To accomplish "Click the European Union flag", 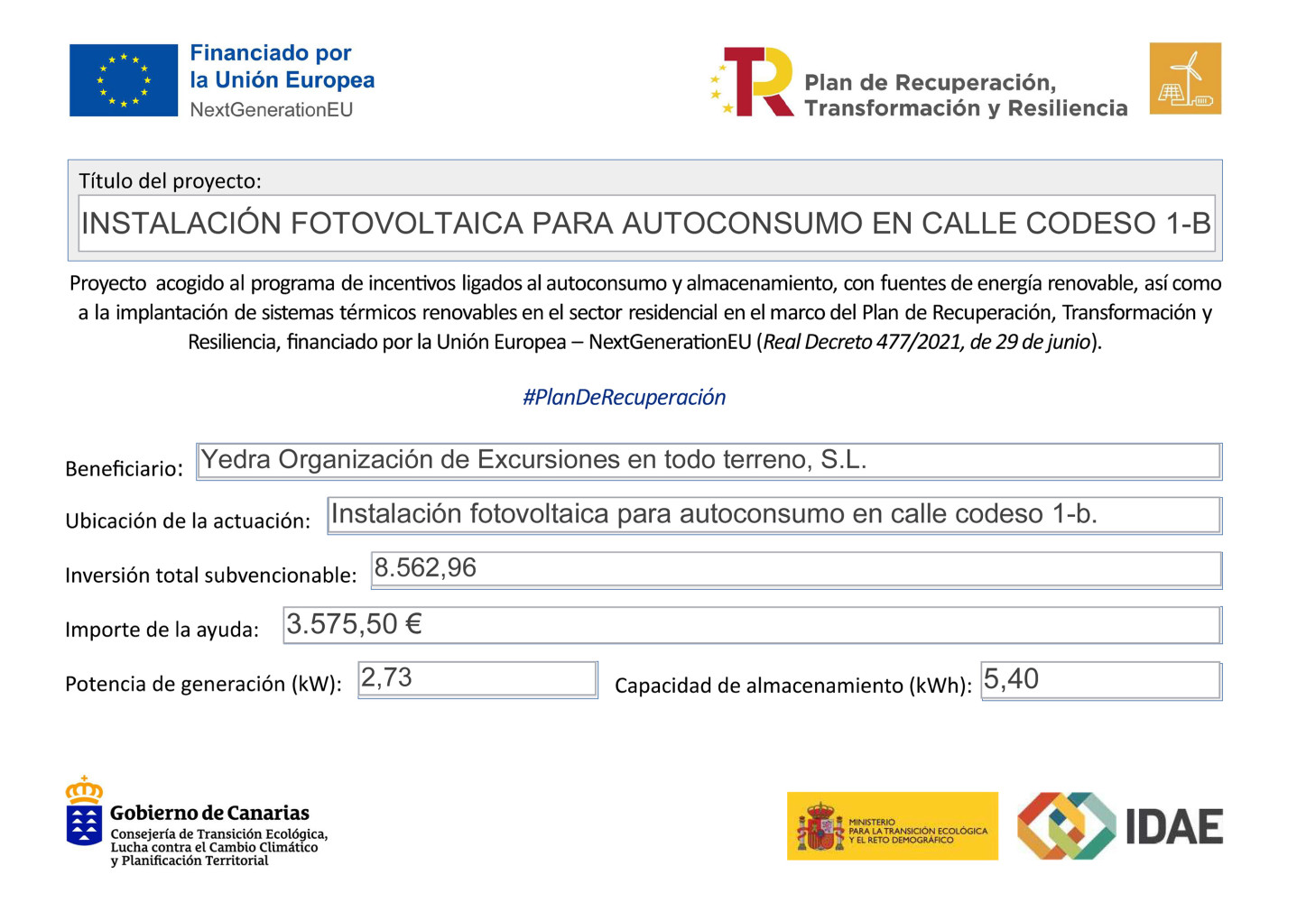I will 124,80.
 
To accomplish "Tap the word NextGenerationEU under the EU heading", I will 271,110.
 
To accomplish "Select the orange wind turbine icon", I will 1184,78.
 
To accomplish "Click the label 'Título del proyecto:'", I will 170,181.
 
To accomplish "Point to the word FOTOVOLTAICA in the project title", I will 407,223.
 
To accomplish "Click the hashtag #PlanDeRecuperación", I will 624,397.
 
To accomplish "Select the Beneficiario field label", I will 124,469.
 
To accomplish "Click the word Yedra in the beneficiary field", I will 236,460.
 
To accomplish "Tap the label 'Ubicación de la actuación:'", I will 188,521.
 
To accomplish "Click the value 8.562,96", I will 425,568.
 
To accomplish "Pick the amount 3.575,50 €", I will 354,624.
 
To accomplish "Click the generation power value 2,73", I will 386,677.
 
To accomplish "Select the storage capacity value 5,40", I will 1011,679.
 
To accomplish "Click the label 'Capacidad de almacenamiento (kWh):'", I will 792,686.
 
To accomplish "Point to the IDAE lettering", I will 1174,827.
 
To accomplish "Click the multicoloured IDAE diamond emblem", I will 1066,825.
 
